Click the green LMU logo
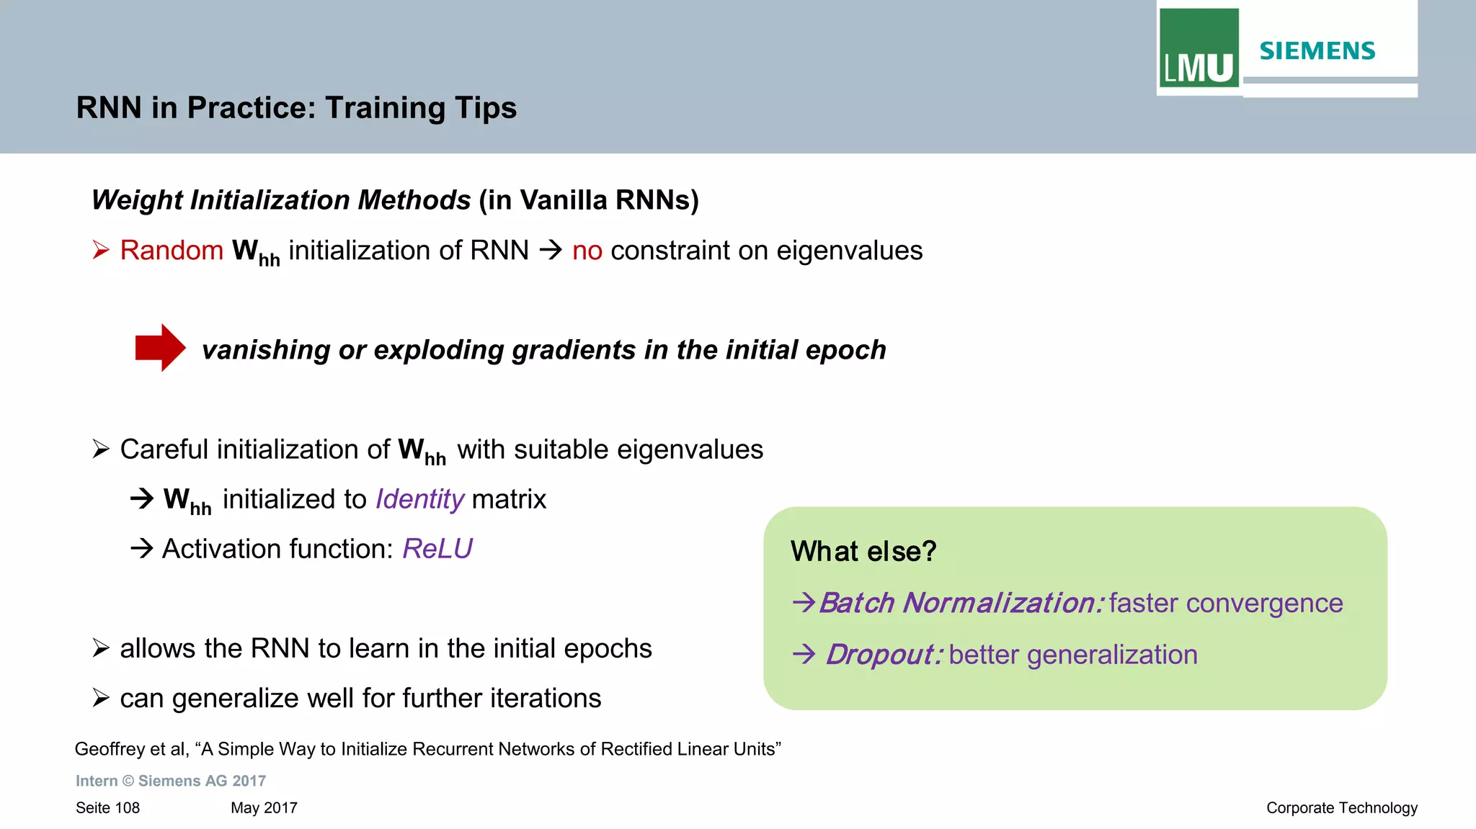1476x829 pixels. pos(1199,48)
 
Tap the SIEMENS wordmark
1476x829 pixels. pos(1317,51)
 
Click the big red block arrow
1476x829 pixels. pos(160,348)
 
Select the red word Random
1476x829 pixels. pos(172,251)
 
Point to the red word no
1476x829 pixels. pos(587,251)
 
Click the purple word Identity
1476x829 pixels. pos(419,499)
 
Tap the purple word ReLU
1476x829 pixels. pos(437,549)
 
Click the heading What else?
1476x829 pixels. pos(863,552)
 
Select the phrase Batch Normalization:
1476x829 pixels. pos(961,603)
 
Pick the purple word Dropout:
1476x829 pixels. pos(884,655)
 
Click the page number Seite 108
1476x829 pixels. pos(107,808)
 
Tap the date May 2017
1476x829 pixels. pos(264,808)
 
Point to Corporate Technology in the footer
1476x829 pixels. pos(1341,808)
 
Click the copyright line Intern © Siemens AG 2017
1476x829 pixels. pos(171,781)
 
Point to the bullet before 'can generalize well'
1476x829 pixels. pos(101,698)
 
